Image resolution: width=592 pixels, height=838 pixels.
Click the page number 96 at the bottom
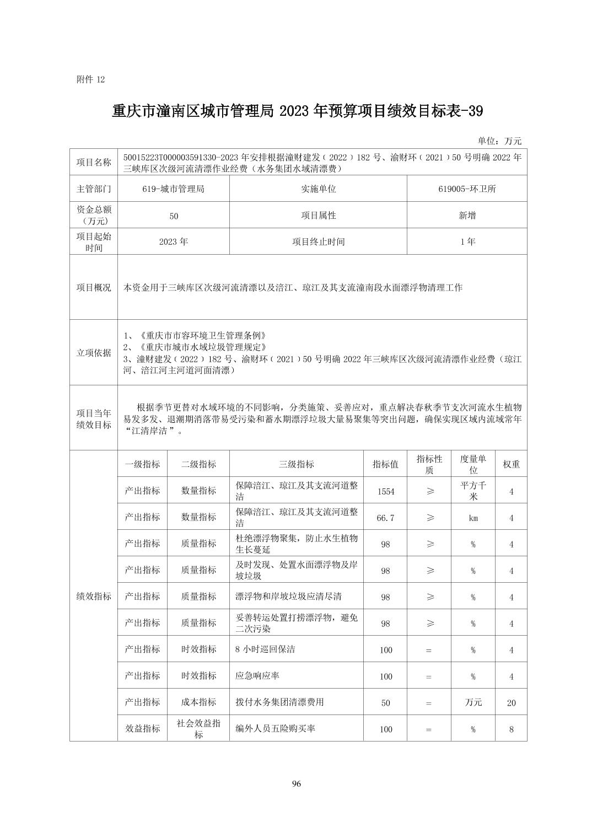[296, 784]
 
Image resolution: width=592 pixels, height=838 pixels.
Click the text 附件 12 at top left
[90, 79]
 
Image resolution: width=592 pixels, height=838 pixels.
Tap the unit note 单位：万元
[499, 141]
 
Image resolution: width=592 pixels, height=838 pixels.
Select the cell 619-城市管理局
[173, 189]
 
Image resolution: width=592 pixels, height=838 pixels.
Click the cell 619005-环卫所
[467, 189]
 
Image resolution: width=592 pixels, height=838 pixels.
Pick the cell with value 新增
[467, 215]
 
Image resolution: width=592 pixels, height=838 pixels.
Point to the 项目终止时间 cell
[318, 241]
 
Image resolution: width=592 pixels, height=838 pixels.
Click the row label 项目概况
[94, 287]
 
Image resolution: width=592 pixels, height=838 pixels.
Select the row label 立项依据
[94, 352]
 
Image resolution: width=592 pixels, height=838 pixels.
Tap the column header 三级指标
[297, 464]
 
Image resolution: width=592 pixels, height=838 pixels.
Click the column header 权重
[511, 464]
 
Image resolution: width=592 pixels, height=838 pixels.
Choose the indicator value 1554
[386, 491]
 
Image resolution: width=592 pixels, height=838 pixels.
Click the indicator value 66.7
[386, 518]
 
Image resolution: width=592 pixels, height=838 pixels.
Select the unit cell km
[473, 518]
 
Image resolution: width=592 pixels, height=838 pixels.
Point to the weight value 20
[511, 702]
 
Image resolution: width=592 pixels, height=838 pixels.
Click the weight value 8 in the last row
[511, 729]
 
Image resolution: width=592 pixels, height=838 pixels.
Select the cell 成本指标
[198, 702]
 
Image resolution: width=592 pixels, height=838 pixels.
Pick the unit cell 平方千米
[473, 491]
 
